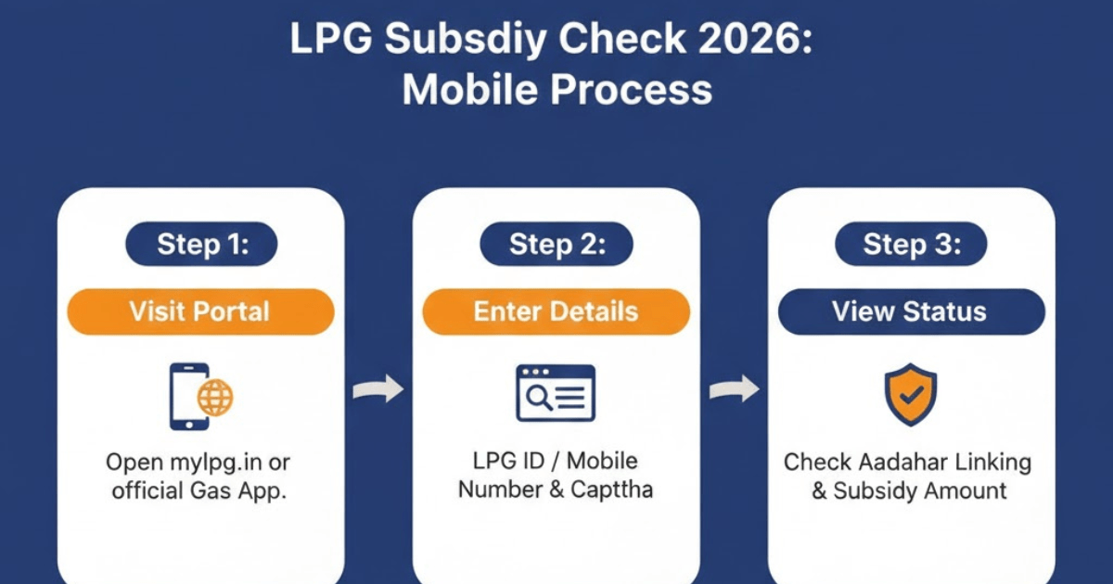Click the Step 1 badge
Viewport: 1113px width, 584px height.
pos(201,245)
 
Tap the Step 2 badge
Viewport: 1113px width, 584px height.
pos(556,245)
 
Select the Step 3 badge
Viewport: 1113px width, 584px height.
pos(911,245)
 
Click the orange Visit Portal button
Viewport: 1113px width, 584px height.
pos(200,311)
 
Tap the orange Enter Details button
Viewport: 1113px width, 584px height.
pos(556,311)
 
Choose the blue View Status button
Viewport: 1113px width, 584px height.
pos(911,311)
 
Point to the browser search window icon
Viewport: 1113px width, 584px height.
pos(556,393)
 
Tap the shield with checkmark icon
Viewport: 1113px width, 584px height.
pos(910,394)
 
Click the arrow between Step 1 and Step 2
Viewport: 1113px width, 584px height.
pos(378,390)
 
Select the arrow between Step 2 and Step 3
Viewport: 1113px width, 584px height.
pos(734,390)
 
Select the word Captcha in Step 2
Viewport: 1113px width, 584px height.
pos(612,489)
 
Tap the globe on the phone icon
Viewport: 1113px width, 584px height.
pos(215,399)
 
